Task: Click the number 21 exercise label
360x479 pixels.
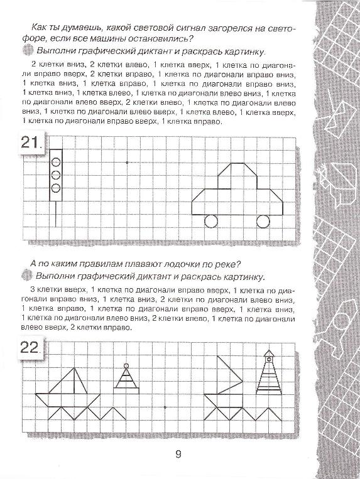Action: [30, 144]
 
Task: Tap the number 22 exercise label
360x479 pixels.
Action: [30, 348]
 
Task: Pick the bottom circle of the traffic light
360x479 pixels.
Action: [55, 188]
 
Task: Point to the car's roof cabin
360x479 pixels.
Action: [237, 176]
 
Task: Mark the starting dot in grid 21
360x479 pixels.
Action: [127, 163]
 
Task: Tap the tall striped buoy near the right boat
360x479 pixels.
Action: [268, 375]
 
